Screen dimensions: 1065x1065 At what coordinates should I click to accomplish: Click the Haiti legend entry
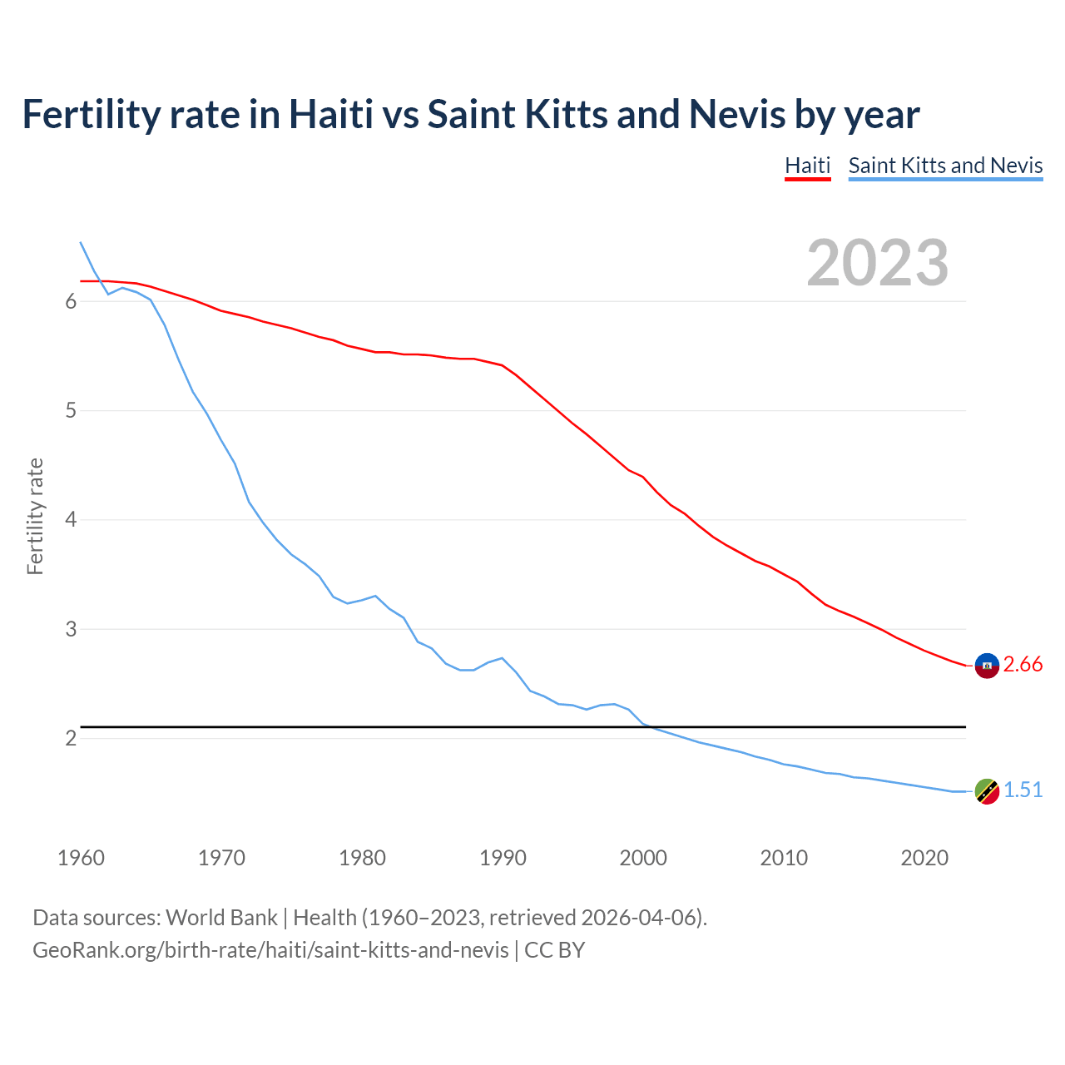click(x=807, y=166)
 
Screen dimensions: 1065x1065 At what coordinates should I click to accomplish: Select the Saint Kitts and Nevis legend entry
click(x=945, y=166)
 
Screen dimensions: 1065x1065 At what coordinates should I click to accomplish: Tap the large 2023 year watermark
click(x=878, y=263)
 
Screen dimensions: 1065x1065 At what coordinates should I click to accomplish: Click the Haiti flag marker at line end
click(x=987, y=666)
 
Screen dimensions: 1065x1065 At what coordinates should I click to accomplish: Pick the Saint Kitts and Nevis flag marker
click(x=987, y=791)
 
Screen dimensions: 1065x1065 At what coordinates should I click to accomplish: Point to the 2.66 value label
click(x=1023, y=665)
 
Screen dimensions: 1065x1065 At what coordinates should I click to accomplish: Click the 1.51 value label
click(x=1023, y=790)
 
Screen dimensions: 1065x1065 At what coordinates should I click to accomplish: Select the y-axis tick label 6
click(x=71, y=302)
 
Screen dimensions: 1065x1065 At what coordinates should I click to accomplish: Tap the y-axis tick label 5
click(x=71, y=411)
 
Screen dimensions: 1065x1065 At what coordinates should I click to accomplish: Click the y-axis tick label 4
click(x=71, y=520)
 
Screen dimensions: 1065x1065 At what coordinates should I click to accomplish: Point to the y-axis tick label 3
click(x=71, y=630)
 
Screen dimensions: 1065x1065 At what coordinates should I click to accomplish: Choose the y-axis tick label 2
click(x=71, y=739)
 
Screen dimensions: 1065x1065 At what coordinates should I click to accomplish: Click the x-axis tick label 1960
click(x=81, y=858)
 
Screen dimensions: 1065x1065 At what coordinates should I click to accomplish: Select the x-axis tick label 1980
click(x=362, y=858)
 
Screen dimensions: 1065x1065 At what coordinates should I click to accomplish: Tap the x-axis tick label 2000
click(x=643, y=858)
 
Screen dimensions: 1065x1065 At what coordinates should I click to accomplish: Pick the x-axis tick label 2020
click(x=924, y=858)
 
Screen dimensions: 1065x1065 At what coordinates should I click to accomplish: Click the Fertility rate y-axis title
click(x=35, y=516)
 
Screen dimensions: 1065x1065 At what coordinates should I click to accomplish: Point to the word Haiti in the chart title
click(x=330, y=114)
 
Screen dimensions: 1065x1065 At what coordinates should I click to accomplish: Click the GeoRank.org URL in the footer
click(x=270, y=950)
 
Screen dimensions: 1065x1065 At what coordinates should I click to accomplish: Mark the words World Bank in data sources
click(x=221, y=918)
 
